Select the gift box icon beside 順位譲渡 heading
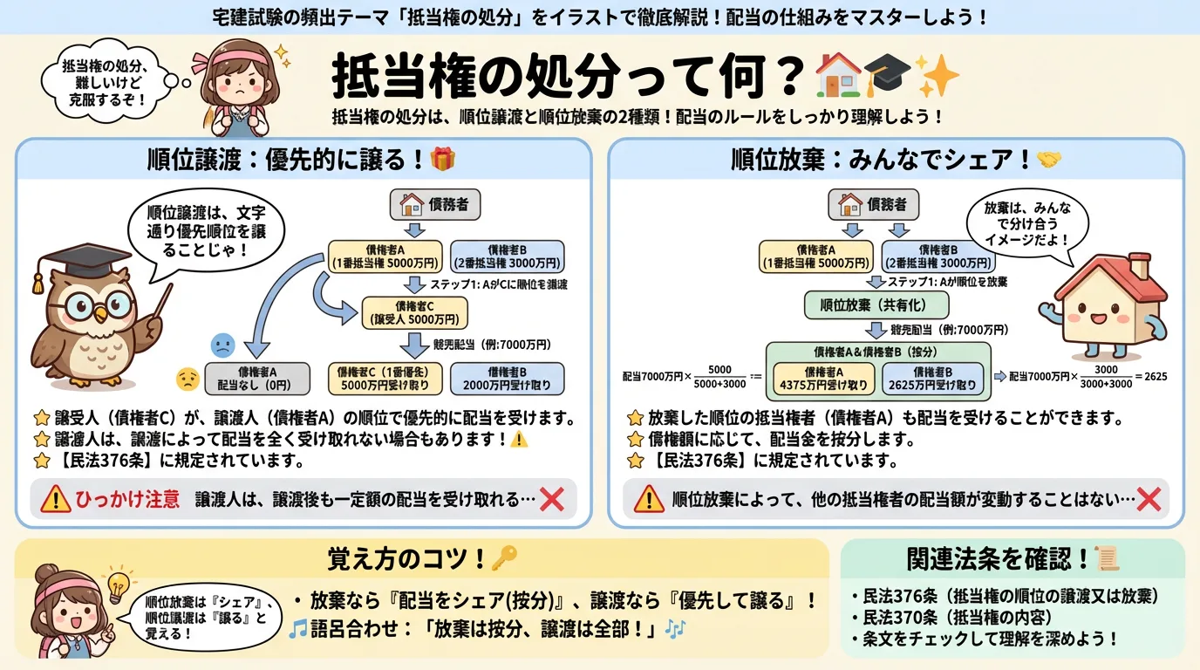point(443,159)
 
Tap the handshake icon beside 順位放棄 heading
point(1048,160)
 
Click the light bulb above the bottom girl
point(117,580)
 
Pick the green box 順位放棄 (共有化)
point(876,305)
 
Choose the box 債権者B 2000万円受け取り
point(507,377)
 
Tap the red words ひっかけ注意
point(128,499)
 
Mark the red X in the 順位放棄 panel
point(1149,499)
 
